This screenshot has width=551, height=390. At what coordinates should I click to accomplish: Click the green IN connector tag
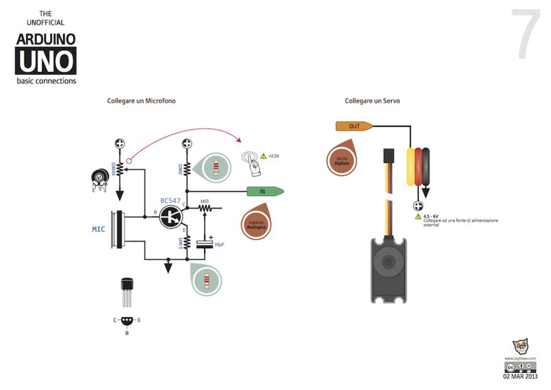tap(264, 191)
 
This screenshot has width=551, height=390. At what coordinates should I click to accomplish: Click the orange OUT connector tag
tap(354, 126)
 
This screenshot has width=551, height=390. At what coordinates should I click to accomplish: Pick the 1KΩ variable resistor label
tap(204, 201)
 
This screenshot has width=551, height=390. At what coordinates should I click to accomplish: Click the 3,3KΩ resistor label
tap(180, 243)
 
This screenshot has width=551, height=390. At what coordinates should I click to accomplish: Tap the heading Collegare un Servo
tap(372, 101)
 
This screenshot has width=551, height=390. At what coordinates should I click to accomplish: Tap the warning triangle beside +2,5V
tap(264, 156)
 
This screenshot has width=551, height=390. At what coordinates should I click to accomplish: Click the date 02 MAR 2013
tap(520, 377)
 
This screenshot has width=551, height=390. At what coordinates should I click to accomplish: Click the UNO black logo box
tap(46, 61)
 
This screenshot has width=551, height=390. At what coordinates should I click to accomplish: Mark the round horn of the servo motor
tap(388, 261)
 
